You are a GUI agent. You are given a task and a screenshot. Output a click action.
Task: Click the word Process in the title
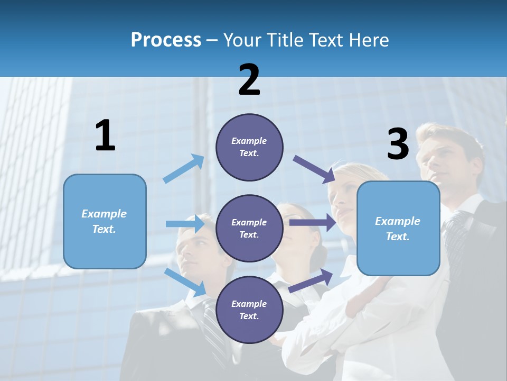(x=166, y=40)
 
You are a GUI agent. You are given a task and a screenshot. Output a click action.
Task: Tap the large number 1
(x=105, y=136)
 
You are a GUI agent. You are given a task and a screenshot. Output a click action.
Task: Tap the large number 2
(x=249, y=80)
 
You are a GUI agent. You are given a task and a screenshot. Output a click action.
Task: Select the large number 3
(x=398, y=144)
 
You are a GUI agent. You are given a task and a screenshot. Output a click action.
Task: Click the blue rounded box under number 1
(x=105, y=221)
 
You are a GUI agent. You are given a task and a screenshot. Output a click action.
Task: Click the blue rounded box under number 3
(x=398, y=228)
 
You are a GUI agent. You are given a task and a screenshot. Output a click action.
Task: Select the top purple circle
(x=249, y=147)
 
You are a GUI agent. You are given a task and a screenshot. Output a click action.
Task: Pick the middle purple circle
(x=249, y=228)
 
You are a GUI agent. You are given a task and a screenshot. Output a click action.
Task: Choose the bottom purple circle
(x=249, y=310)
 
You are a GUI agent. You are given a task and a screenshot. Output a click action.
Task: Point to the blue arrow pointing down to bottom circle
(x=185, y=282)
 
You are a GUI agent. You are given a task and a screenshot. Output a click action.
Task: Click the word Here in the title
(x=369, y=40)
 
